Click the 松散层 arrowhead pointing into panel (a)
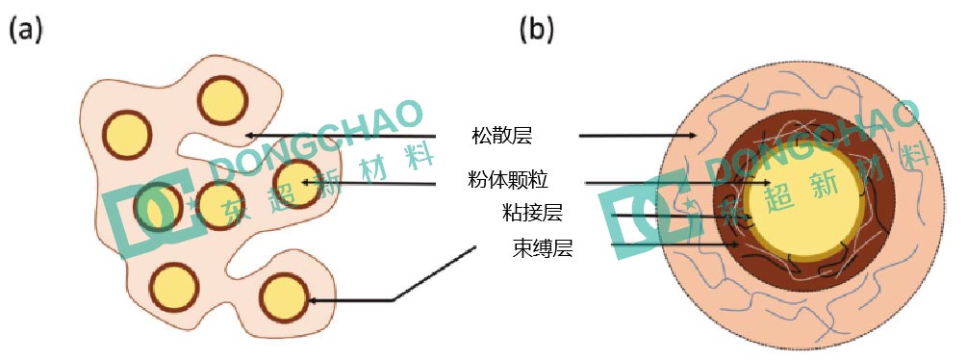[249, 136]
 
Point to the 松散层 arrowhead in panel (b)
[694, 136]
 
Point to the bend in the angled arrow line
[394, 301]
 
